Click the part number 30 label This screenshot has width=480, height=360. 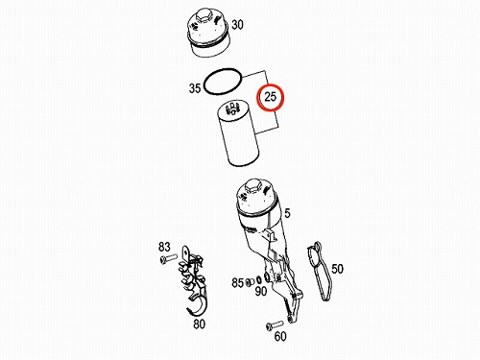tap(237, 25)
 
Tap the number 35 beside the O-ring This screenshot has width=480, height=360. tap(195, 88)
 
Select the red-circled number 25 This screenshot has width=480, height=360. tap(271, 96)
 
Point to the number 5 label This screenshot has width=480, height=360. tap(287, 213)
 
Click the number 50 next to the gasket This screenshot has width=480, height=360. tap(337, 269)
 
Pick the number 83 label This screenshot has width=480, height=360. tap(164, 247)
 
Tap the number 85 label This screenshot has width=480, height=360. tap(238, 282)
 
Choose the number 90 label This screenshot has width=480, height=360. tap(261, 291)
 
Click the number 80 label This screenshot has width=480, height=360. tap(199, 324)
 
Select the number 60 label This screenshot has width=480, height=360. tap(280, 336)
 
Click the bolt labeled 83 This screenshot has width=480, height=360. tap(168, 258)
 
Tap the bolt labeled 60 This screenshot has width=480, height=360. tap(275, 325)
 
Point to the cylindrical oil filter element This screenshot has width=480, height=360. tap(237, 133)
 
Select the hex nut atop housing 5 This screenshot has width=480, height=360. tap(253, 185)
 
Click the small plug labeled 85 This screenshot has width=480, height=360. tap(249, 282)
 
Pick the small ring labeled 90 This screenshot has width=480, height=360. tap(258, 280)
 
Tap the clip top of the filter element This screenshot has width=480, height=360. tap(232, 108)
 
